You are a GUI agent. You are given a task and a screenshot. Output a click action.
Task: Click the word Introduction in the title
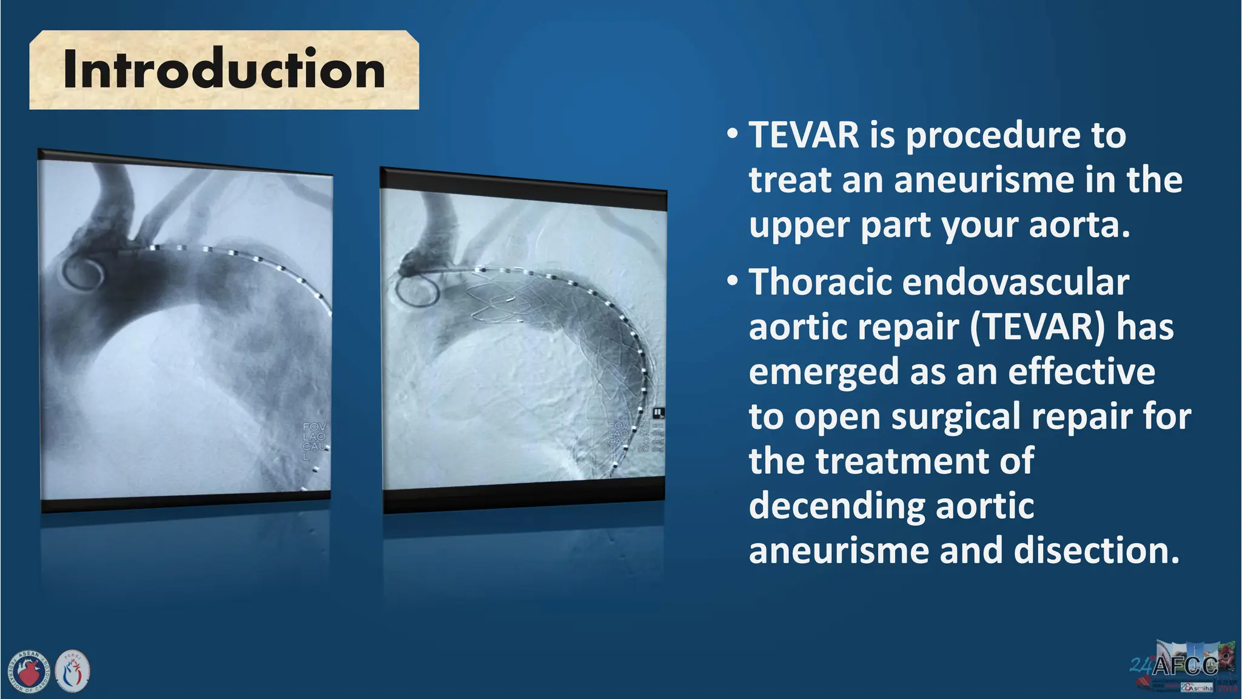224,70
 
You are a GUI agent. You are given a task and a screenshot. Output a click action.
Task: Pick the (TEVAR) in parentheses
1038,327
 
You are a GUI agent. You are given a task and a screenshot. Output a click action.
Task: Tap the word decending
837,506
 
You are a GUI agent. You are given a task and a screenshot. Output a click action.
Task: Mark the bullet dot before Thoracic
733,281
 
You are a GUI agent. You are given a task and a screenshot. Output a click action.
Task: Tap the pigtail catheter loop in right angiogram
417,289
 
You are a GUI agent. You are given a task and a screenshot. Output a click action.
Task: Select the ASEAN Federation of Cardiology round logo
29,672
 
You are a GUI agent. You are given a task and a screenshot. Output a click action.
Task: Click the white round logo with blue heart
73,672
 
